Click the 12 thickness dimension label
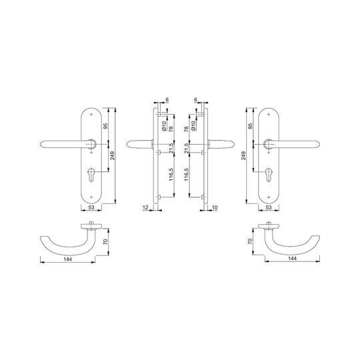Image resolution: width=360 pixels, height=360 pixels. point(145,207)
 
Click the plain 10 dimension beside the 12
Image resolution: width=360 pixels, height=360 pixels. point(215,207)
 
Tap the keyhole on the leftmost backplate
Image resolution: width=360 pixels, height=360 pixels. point(91,174)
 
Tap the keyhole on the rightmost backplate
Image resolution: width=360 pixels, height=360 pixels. point(269,174)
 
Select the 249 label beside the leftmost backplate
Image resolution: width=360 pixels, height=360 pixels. point(112,155)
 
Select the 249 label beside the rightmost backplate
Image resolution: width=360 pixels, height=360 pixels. point(243,155)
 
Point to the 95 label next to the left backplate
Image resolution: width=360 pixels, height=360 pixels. point(106,126)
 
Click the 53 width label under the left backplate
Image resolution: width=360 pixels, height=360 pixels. point(91,207)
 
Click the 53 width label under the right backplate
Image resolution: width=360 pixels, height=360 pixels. point(269,207)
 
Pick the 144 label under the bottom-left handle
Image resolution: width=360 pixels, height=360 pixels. point(68,259)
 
